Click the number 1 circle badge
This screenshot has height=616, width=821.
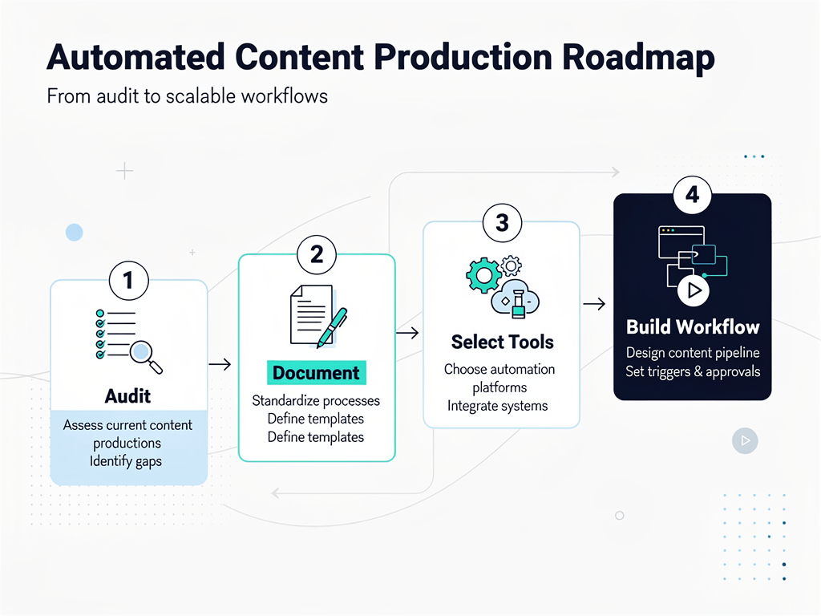click(128, 280)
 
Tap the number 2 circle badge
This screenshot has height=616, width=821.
click(316, 254)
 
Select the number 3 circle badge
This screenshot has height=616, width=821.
click(502, 222)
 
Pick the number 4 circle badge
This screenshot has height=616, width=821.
click(692, 194)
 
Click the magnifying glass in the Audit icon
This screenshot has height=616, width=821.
click(144, 353)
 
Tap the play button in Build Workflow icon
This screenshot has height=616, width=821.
click(692, 290)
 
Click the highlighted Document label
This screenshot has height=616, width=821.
click(316, 373)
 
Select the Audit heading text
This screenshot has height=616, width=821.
click(127, 396)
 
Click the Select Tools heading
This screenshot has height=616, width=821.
click(502, 342)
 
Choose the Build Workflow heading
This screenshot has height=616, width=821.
click(692, 327)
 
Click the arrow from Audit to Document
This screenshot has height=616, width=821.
click(220, 365)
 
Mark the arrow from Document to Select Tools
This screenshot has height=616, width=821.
click(408, 333)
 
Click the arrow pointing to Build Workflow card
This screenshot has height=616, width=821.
click(594, 304)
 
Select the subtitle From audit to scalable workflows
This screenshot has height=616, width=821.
click(188, 96)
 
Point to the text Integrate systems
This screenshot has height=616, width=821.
click(497, 406)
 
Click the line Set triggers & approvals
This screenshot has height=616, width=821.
click(692, 371)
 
